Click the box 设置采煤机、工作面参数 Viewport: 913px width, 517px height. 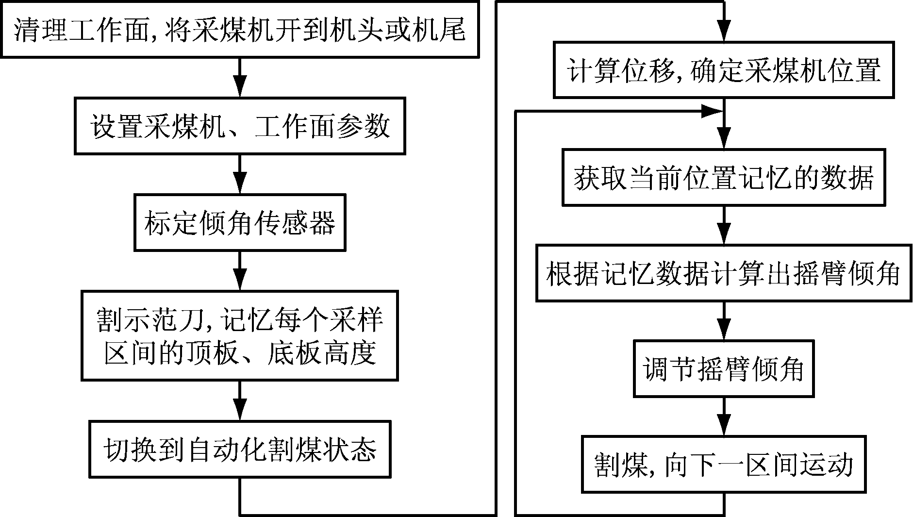[x=240, y=126]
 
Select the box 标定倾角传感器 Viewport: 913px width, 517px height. [x=240, y=223]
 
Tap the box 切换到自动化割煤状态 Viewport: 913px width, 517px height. [x=240, y=449]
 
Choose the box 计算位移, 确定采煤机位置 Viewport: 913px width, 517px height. [x=724, y=70]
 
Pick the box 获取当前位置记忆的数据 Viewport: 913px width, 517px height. [x=724, y=177]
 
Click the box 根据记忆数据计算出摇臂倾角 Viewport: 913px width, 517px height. [x=724, y=273]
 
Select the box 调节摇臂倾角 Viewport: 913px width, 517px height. [x=724, y=369]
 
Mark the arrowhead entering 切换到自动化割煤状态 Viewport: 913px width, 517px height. [x=240, y=412]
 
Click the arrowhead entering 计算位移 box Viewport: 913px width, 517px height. [x=724, y=33]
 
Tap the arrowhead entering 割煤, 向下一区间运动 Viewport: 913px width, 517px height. [x=724, y=428]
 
